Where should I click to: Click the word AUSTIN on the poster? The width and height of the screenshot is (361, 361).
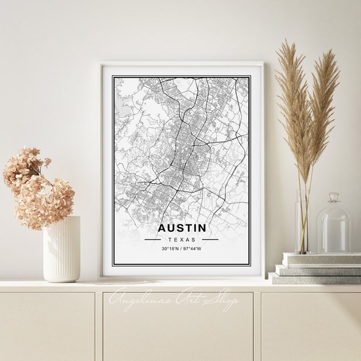click(181, 228)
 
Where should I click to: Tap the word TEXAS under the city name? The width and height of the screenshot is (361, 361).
click(181, 239)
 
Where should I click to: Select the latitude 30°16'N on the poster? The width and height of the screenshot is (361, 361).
click(170, 248)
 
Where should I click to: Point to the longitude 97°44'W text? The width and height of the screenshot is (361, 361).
click(193, 248)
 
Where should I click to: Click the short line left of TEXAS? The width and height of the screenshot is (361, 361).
click(152, 239)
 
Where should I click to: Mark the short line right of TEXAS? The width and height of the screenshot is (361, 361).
click(210, 239)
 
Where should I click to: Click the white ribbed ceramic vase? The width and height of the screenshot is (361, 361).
click(61, 249)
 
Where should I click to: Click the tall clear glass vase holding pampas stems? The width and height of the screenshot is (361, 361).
click(303, 223)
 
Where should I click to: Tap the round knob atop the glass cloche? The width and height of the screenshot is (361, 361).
click(334, 197)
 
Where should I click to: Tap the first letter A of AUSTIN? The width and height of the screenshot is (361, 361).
click(162, 228)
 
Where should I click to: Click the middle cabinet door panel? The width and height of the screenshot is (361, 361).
click(177, 328)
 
